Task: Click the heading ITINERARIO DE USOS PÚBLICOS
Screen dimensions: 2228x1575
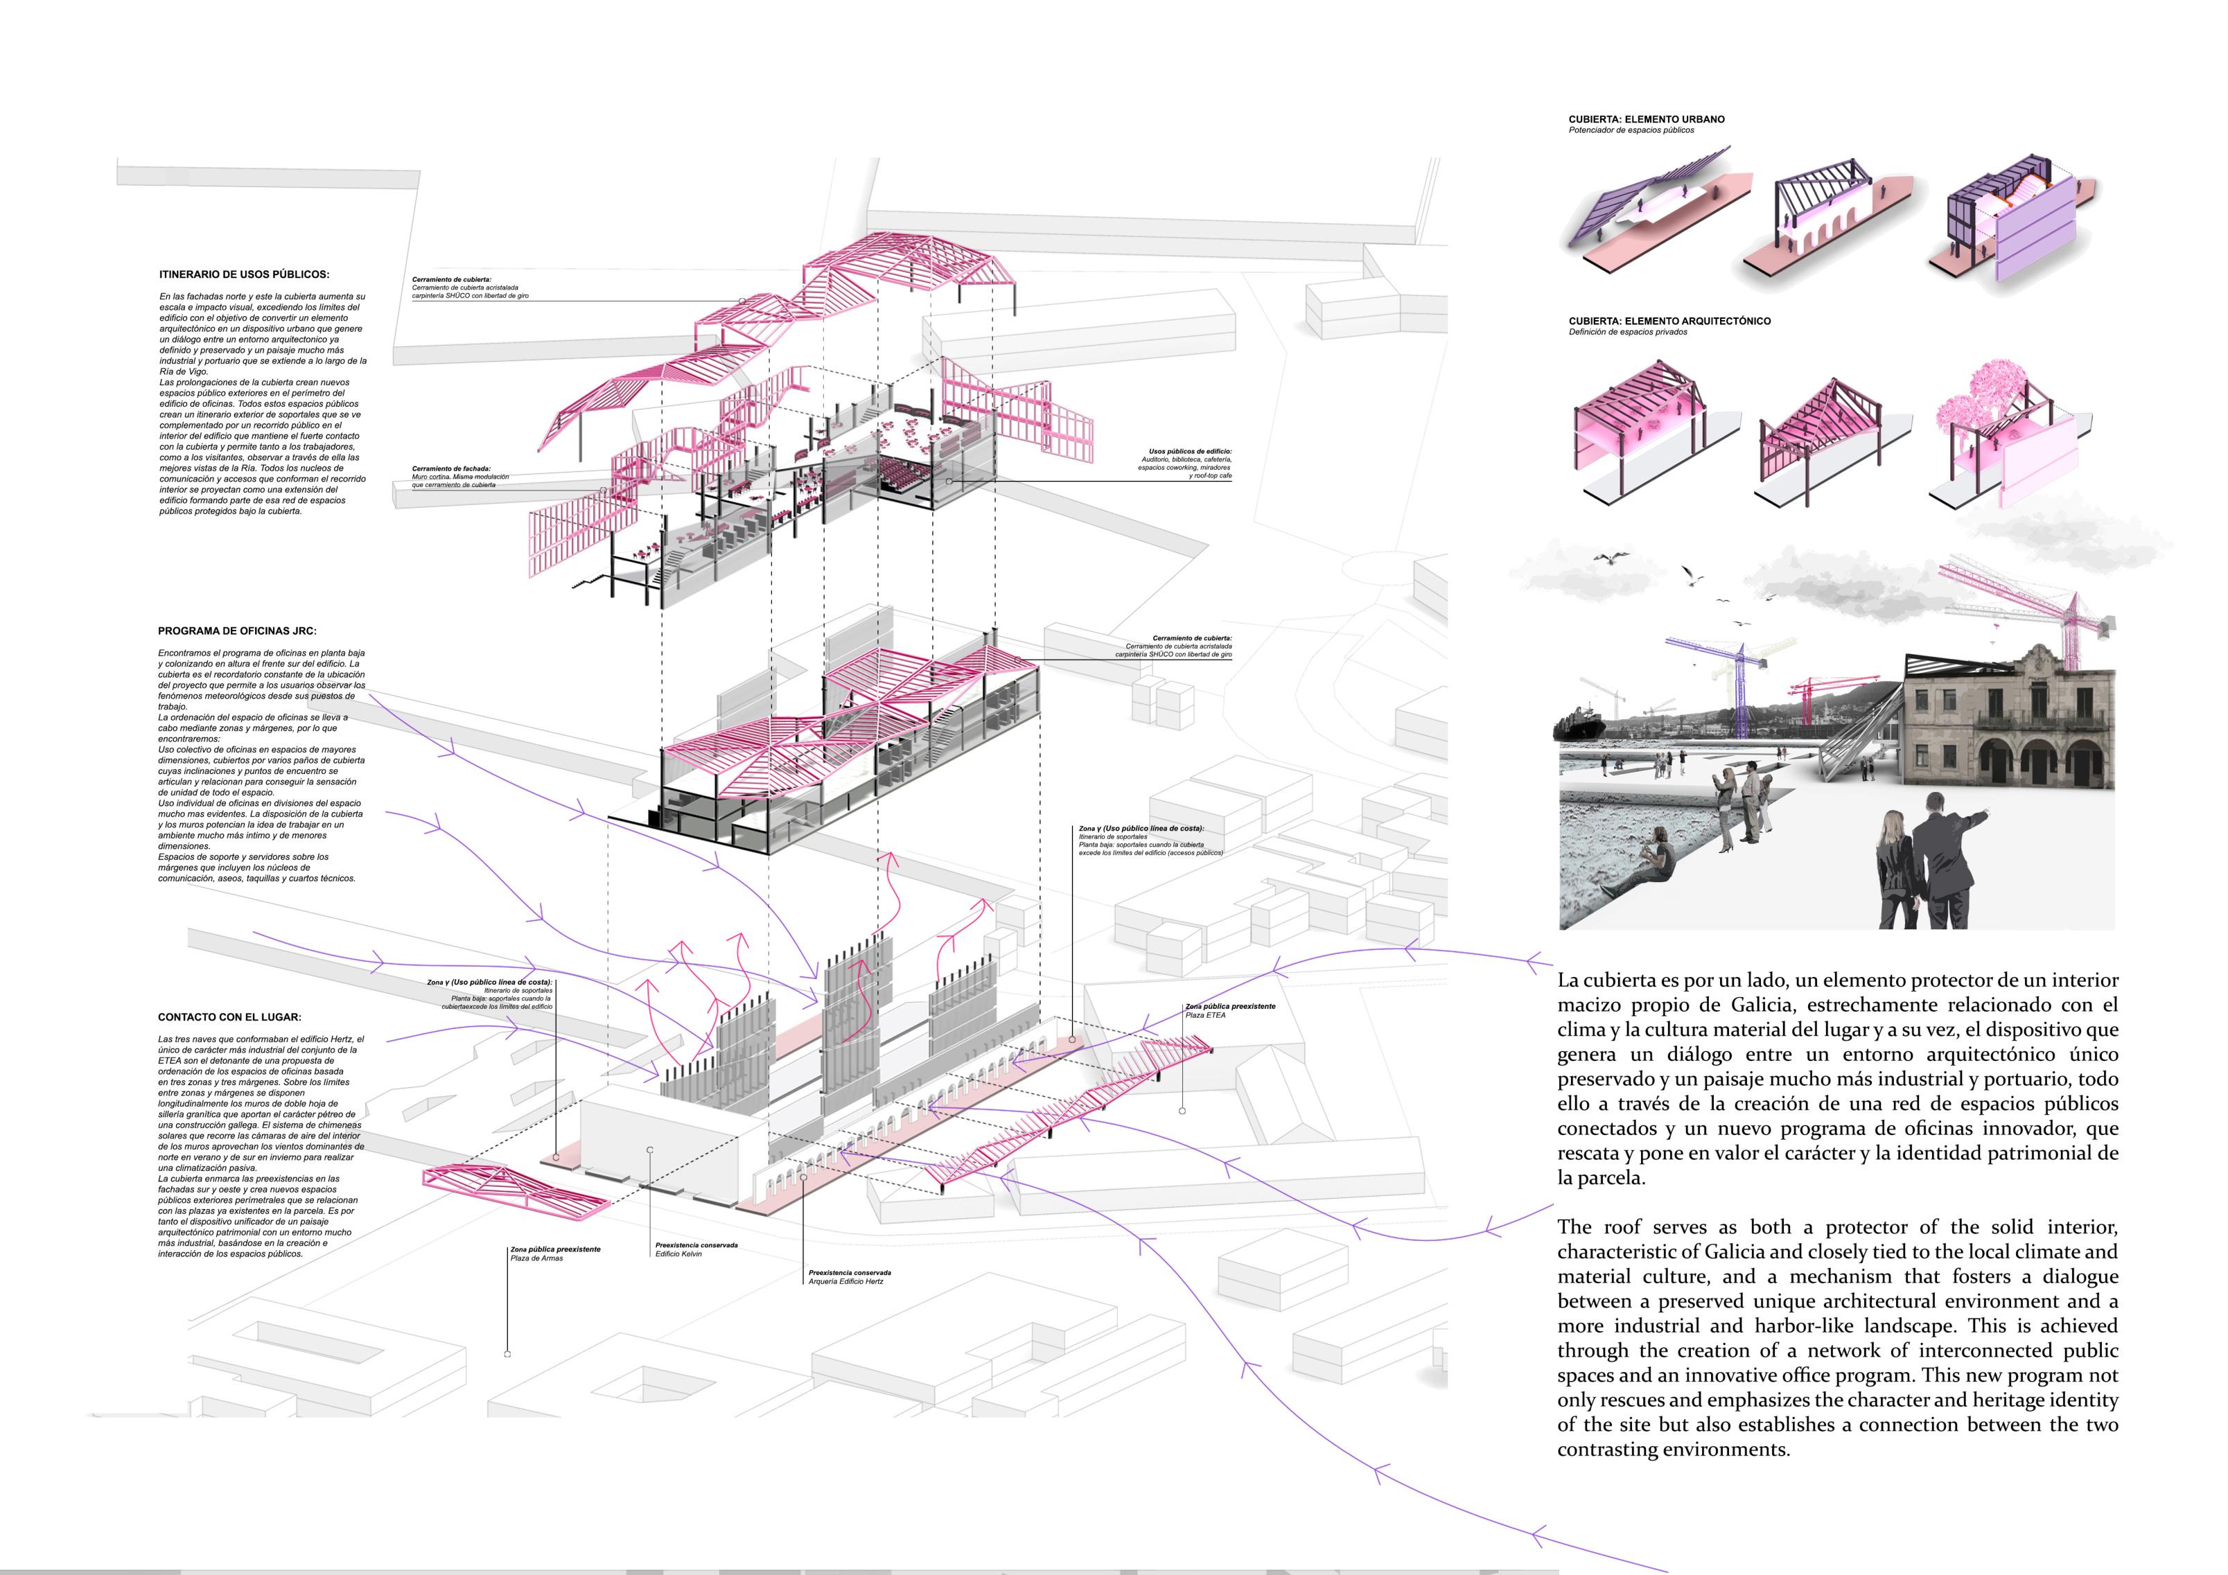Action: tap(243, 274)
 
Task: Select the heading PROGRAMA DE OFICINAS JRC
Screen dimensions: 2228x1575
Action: tap(237, 631)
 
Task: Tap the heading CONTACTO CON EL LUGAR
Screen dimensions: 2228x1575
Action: tap(229, 1017)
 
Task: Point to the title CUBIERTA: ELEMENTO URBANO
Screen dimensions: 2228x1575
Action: tap(1646, 119)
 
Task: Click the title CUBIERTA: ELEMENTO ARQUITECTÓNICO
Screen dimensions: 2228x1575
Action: tap(1669, 322)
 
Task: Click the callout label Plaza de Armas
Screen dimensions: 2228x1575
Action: tap(536, 1258)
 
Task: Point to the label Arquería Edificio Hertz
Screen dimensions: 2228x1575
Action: tap(846, 1281)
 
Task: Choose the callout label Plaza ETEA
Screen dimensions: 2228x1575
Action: tap(1205, 1015)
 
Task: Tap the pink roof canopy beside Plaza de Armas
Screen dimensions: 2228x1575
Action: tap(514, 1189)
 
